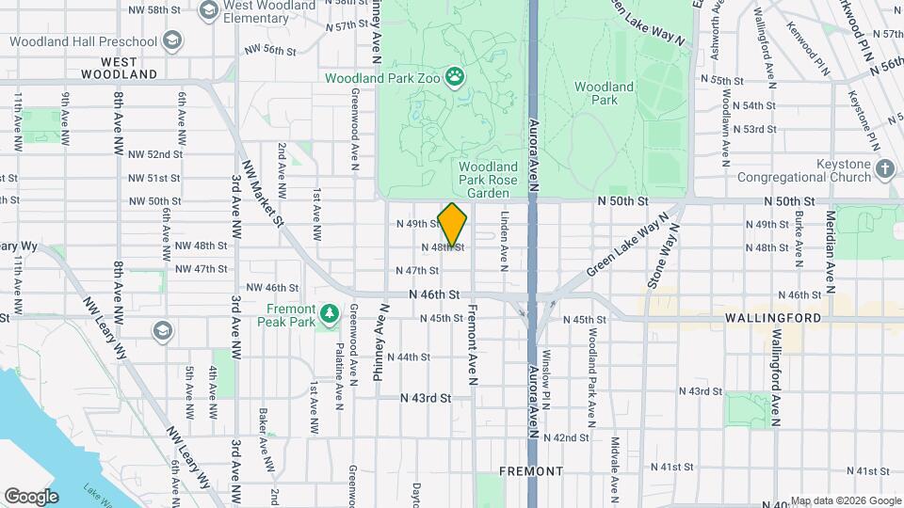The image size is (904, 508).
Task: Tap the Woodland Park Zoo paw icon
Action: [x=456, y=76]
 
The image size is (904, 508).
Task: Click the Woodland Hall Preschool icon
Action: [x=172, y=41]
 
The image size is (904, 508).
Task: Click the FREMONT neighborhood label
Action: [x=530, y=470]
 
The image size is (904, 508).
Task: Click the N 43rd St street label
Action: [x=426, y=398]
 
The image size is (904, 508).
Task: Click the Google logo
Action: [x=31, y=496]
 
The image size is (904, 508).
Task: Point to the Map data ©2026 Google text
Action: [x=845, y=500]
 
